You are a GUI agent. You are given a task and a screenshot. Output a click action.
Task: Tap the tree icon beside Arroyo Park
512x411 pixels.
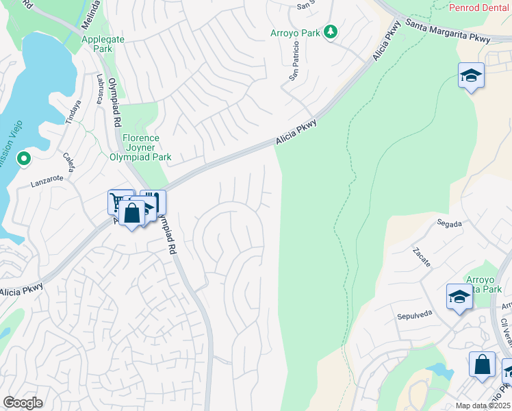pos(331,32)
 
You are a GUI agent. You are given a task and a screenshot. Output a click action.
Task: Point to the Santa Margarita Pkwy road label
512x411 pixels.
pos(448,31)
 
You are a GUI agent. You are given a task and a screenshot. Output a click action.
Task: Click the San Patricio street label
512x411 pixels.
pos(294,62)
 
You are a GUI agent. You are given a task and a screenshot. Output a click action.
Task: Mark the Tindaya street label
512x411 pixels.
pos(73,112)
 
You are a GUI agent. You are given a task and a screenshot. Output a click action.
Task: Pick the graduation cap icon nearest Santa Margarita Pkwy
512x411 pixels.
pos(471,75)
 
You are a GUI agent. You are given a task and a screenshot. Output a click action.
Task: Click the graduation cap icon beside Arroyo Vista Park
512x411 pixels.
pos(459,297)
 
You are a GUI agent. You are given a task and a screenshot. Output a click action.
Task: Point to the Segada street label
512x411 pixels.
pos(450,223)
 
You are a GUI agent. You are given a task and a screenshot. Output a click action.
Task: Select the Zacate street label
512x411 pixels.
pos(421,258)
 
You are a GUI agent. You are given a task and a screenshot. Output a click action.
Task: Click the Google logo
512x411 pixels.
pos(23,403)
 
